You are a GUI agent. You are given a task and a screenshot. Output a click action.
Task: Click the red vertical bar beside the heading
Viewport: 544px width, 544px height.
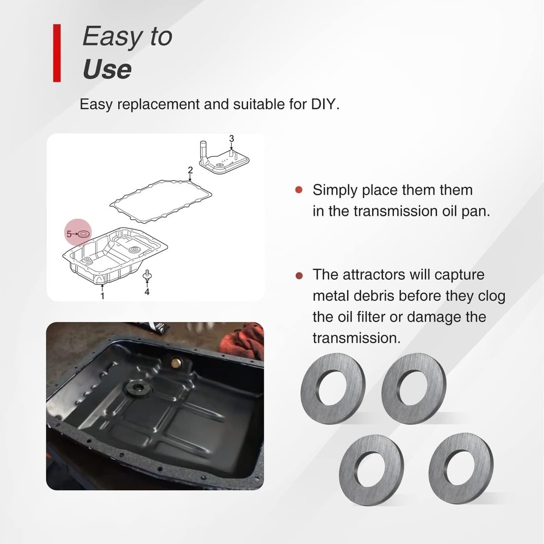pyautogui.click(x=57, y=53)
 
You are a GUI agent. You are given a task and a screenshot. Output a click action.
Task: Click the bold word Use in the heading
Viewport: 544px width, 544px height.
pyautogui.click(x=107, y=70)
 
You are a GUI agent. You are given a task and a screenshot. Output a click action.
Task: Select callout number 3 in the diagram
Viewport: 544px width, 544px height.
pyautogui.click(x=231, y=139)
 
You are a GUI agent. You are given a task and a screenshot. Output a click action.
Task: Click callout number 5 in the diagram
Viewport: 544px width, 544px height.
pyautogui.click(x=69, y=234)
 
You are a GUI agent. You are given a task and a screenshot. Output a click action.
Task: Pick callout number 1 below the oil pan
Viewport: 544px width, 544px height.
pyautogui.click(x=102, y=296)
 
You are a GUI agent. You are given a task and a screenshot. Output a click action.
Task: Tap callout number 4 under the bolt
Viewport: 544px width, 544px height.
pyautogui.click(x=146, y=292)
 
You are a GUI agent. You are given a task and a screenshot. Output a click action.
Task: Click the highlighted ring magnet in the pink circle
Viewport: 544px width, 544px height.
pyautogui.click(x=84, y=234)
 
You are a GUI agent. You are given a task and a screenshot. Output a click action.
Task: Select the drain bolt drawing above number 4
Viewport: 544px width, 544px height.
pyautogui.click(x=146, y=276)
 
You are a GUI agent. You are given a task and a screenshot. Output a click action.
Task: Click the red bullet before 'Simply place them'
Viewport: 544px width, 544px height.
pyautogui.click(x=298, y=190)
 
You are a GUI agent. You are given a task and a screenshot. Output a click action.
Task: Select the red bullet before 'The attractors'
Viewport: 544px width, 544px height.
pyautogui.click(x=298, y=275)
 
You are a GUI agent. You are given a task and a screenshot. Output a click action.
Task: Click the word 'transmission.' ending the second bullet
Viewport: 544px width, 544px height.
pyautogui.click(x=356, y=338)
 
